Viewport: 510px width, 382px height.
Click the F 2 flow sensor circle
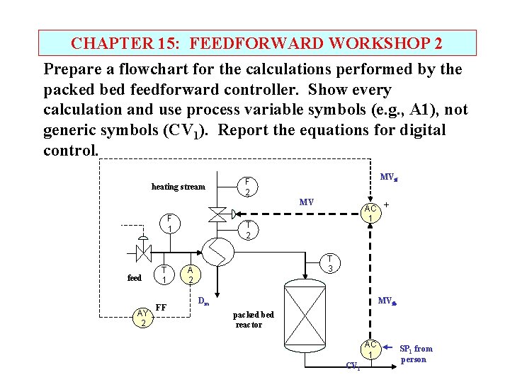point(246,187)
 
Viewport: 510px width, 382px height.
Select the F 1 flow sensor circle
point(169,224)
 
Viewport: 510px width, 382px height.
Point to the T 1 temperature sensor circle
point(164,274)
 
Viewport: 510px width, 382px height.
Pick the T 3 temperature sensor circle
point(329,264)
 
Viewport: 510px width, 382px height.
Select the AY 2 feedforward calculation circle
point(143,318)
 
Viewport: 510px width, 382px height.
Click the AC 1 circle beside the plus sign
point(370,213)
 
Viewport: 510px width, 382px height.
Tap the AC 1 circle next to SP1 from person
point(370,349)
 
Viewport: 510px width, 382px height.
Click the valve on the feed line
point(144,251)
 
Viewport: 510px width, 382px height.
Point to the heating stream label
point(178,187)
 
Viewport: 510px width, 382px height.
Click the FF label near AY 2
point(161,308)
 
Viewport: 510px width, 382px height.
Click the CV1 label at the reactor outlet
point(353,366)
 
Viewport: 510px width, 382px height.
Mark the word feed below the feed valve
point(135,278)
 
